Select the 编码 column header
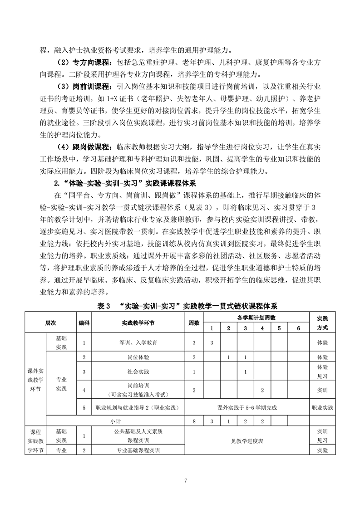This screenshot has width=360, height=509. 84,323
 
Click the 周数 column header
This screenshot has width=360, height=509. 194,323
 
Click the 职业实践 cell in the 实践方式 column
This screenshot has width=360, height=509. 322,408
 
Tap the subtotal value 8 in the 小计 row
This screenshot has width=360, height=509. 194,421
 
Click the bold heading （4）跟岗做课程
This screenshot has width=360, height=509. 78,147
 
